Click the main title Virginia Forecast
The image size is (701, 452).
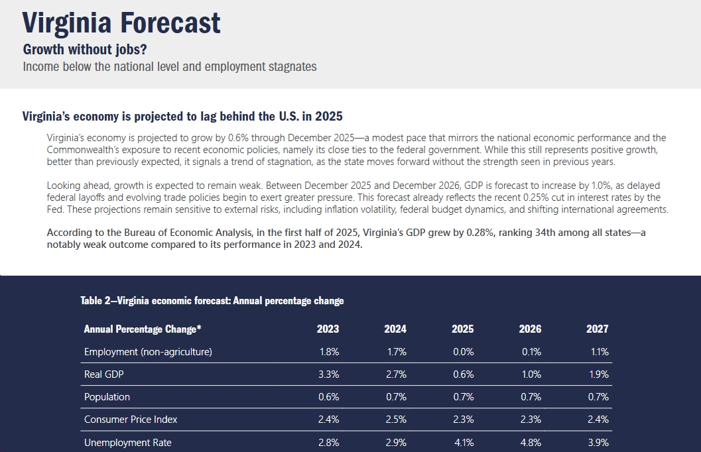click(x=121, y=23)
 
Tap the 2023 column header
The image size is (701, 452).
click(x=328, y=329)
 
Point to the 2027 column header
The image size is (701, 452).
click(x=597, y=329)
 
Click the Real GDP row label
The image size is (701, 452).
click(x=104, y=374)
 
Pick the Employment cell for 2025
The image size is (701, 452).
click(x=463, y=352)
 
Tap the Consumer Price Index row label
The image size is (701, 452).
click(x=131, y=420)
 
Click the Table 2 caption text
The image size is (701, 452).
click(x=212, y=301)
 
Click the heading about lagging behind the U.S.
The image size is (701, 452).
click(x=182, y=117)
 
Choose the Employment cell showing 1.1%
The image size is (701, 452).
click(x=599, y=352)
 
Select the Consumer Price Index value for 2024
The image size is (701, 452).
click(x=395, y=420)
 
